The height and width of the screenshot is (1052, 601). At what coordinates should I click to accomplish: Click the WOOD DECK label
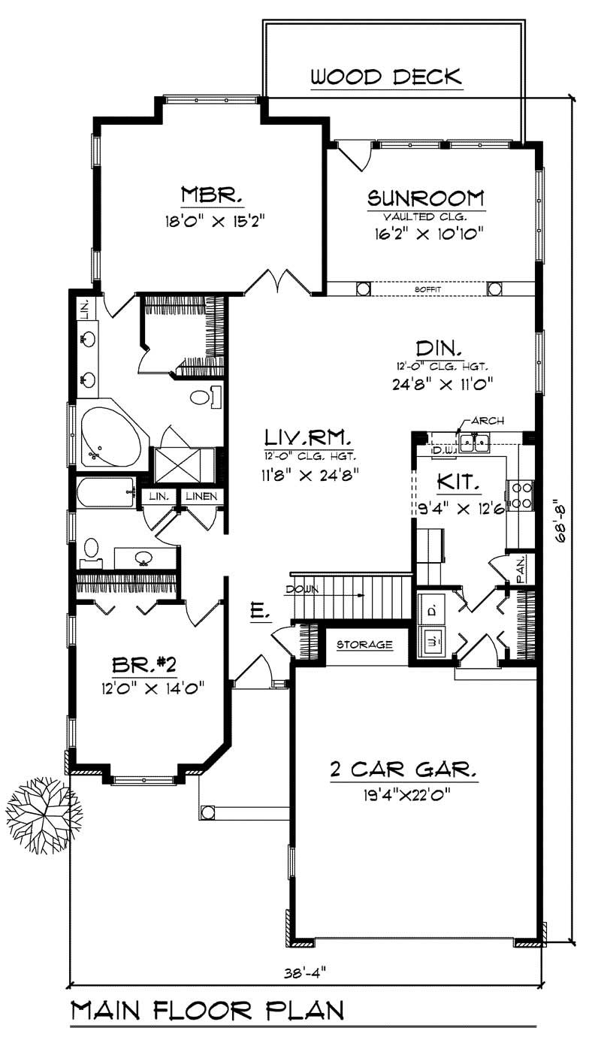pos(385,77)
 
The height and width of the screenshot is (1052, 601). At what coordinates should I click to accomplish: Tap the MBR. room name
pos(212,197)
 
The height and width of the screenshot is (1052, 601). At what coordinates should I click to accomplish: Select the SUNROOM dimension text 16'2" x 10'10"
pos(426,234)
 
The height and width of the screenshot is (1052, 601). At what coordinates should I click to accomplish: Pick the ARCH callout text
pos(489,420)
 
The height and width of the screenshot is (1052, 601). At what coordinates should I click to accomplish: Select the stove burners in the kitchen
pos(521,494)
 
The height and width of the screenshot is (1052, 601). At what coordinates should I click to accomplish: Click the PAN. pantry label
pos(520,568)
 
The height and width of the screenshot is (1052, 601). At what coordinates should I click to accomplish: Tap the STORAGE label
pos(364,645)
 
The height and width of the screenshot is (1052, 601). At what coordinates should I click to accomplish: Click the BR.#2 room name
pos(143,664)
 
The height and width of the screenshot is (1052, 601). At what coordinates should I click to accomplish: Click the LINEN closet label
pos(201,497)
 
